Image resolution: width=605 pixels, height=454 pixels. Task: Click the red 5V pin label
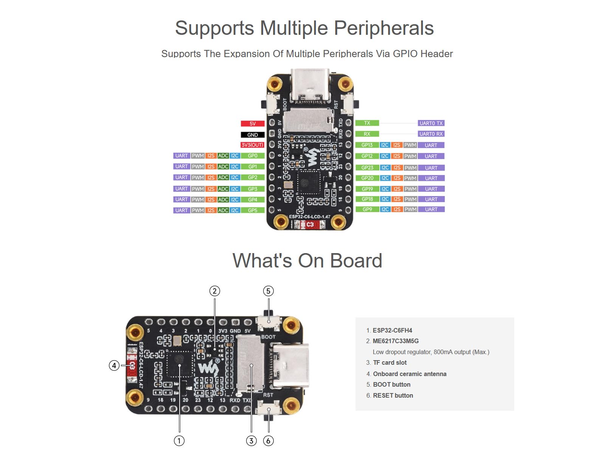253,124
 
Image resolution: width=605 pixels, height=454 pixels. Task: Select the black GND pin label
253,135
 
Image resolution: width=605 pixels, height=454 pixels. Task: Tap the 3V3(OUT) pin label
252,145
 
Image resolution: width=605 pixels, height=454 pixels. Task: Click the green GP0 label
253,156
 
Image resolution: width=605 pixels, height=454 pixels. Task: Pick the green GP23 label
367,168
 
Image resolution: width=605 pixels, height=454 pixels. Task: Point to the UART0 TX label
431,123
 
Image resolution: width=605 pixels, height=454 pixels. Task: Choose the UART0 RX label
431,134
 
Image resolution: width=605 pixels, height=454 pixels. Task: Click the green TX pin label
367,123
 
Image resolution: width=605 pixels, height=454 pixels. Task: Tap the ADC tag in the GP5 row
223,210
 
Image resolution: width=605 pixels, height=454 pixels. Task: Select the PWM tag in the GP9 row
410,209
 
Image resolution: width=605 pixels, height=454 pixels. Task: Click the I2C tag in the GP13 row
385,145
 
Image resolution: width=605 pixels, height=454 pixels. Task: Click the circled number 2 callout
215,291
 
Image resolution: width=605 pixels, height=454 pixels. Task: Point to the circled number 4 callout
114,365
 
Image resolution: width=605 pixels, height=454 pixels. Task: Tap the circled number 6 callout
268,441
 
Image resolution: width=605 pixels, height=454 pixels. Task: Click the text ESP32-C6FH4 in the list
392,330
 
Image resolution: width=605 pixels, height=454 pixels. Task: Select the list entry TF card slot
389,362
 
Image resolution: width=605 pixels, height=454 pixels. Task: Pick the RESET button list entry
393,395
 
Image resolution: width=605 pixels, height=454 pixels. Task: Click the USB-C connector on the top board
310,86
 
